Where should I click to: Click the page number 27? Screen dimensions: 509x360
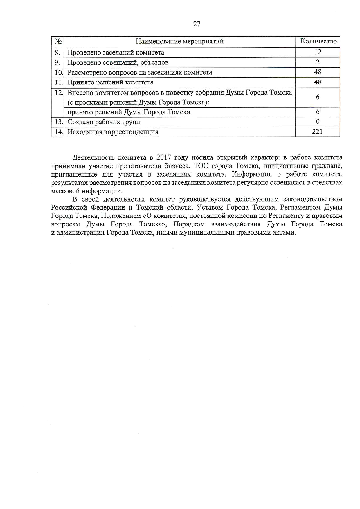click(x=197, y=24)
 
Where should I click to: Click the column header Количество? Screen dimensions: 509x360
click(x=318, y=41)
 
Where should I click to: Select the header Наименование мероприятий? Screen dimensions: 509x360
click(x=180, y=41)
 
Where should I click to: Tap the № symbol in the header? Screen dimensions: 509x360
click(x=58, y=41)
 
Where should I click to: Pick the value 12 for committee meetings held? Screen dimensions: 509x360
click(x=318, y=52)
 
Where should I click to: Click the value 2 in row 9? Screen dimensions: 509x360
click(x=318, y=62)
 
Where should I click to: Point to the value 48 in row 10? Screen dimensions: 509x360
click(x=318, y=72)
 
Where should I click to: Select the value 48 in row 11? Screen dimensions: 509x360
click(x=318, y=82)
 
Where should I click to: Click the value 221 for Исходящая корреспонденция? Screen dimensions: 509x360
click(x=317, y=132)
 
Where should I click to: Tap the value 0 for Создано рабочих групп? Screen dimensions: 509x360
click(x=318, y=121)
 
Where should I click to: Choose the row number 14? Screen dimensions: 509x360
click(x=58, y=132)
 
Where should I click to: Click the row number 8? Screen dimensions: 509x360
click(x=57, y=52)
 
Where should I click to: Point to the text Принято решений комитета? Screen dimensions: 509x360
click(x=110, y=82)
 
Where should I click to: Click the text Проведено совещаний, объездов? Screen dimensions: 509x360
click(x=118, y=62)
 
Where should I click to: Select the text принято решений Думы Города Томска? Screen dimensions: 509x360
click(x=129, y=112)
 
